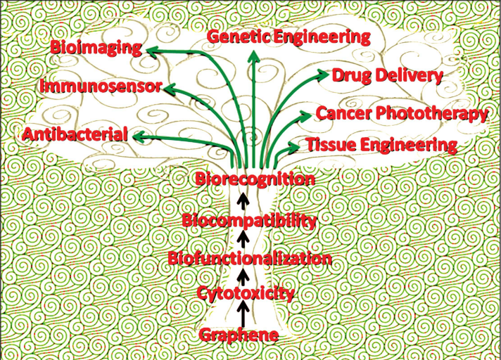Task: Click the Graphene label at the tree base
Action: (x=239, y=335)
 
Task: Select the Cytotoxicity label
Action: (x=246, y=293)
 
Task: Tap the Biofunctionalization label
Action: (x=250, y=259)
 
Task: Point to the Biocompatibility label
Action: (x=249, y=221)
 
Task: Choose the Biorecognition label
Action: (x=255, y=179)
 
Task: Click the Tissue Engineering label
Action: (x=381, y=145)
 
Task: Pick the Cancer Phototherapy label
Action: (x=401, y=113)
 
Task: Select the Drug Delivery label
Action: (x=387, y=75)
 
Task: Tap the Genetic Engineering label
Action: (x=288, y=37)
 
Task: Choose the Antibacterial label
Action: (x=75, y=134)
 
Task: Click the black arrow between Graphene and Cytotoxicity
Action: (x=243, y=314)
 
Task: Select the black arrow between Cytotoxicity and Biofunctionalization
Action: (x=243, y=276)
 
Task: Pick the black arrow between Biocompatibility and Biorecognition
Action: (x=243, y=200)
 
